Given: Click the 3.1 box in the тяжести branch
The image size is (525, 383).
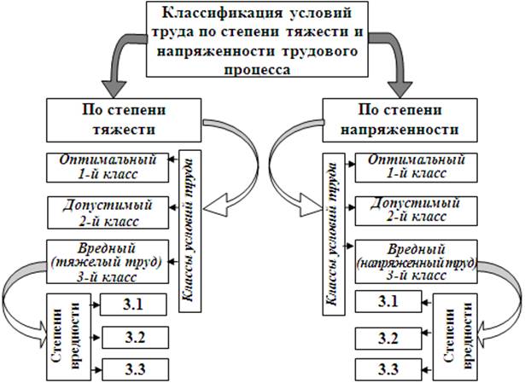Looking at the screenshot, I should click(x=131, y=304).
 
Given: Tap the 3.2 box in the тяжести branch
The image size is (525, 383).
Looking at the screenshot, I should click(x=131, y=338).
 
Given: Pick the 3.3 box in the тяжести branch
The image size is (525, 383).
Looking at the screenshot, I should click(x=131, y=370).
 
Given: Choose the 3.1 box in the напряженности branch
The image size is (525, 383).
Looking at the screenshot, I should click(x=388, y=302).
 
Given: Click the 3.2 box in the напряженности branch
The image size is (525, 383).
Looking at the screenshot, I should click(x=388, y=338).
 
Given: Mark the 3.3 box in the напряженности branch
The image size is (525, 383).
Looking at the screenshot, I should click(x=388, y=370).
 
